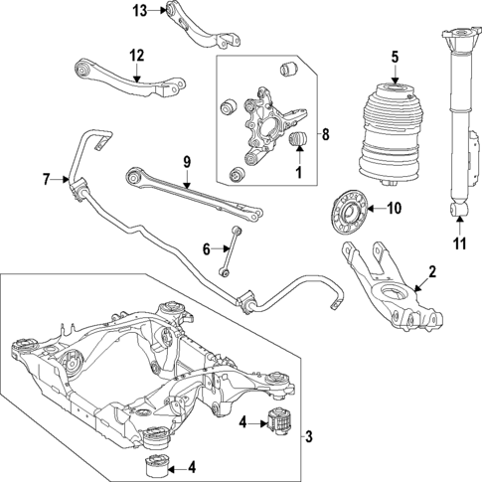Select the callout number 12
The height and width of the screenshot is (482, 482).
pyautogui.click(x=136, y=55)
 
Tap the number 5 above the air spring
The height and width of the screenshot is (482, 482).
pyautogui.click(x=395, y=56)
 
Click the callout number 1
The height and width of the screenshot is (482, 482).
pyautogui.click(x=295, y=174)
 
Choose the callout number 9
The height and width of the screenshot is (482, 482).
pyautogui.click(x=185, y=160)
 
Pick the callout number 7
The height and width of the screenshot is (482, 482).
pyautogui.click(x=46, y=180)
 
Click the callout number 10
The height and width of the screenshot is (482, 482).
pyautogui.click(x=393, y=209)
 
